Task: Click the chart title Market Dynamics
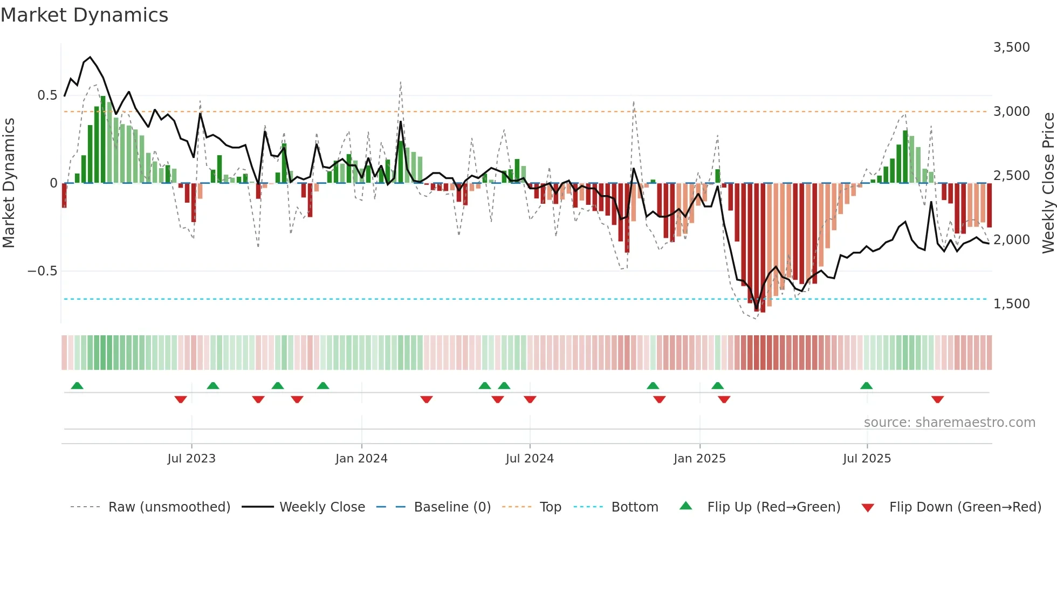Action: point(84,15)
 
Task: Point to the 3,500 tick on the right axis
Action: point(1011,47)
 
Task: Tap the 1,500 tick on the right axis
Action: point(1011,304)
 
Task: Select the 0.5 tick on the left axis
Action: point(47,95)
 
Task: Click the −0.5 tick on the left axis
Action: point(42,271)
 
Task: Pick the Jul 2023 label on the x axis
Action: point(191,459)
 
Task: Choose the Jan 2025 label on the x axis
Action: point(699,459)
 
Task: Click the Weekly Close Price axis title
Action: point(1048,183)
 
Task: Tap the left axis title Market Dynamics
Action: point(9,183)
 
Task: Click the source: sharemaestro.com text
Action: point(949,423)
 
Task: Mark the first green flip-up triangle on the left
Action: point(77,385)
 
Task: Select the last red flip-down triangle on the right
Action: point(937,399)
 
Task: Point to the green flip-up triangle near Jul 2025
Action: point(866,385)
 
